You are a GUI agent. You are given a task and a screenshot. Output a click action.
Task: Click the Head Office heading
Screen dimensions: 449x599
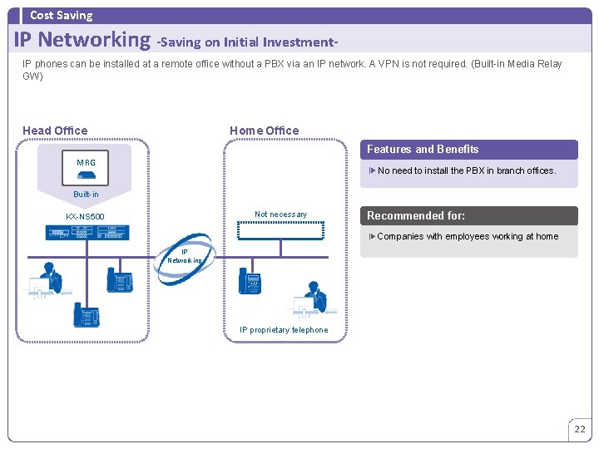[x=55, y=131]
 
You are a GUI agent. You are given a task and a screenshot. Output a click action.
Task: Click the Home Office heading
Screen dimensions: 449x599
[x=264, y=131]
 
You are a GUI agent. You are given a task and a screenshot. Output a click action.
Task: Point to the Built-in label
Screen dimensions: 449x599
[x=86, y=195]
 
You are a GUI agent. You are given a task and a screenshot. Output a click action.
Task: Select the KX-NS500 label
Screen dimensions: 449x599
[x=87, y=217]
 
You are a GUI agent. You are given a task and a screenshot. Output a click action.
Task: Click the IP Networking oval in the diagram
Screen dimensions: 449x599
[x=185, y=256]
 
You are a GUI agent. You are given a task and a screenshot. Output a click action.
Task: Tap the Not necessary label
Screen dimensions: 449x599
[x=280, y=215]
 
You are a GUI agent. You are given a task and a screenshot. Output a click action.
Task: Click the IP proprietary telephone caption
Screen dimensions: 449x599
[x=284, y=330]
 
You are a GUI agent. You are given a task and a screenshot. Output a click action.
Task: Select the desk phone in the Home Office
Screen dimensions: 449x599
[x=249, y=280]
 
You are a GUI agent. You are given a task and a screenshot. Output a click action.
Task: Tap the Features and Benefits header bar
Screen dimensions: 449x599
[x=468, y=150]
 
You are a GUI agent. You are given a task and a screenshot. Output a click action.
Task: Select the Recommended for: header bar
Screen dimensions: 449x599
[x=468, y=216]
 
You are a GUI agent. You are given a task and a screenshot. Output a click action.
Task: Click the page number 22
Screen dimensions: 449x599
[x=580, y=430]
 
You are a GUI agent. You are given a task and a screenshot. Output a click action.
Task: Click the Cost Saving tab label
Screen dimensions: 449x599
[x=61, y=15]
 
